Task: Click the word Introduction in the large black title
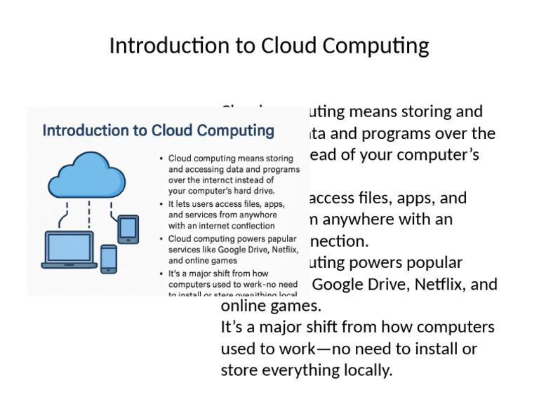pyautogui.click(x=159, y=46)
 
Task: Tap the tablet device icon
pyautogui.click(x=128, y=229)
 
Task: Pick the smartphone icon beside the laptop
pyautogui.click(x=109, y=259)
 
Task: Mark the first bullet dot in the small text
pyautogui.click(x=162, y=159)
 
